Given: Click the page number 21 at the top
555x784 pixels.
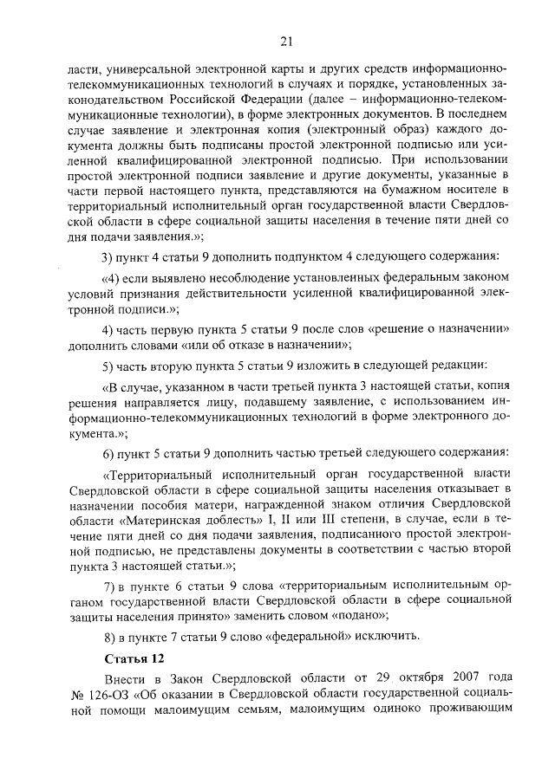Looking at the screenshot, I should pyautogui.click(x=286, y=39).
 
